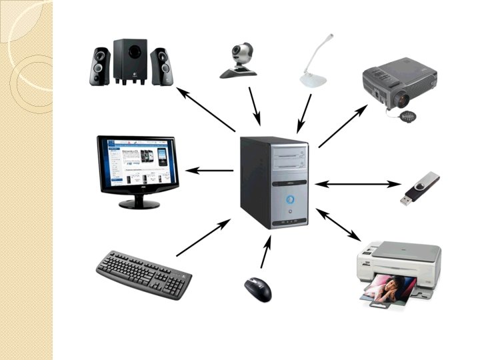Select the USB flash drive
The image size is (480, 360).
[x=419, y=189]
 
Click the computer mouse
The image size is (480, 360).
[x=258, y=288]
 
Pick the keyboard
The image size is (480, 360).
[x=143, y=273]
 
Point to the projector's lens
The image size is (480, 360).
[x=401, y=100]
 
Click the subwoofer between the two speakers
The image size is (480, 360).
[x=130, y=61]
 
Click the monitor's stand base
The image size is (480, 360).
[x=139, y=203]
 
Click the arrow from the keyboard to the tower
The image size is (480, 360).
[x=203, y=237]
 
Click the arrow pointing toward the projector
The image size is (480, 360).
[x=343, y=125]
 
